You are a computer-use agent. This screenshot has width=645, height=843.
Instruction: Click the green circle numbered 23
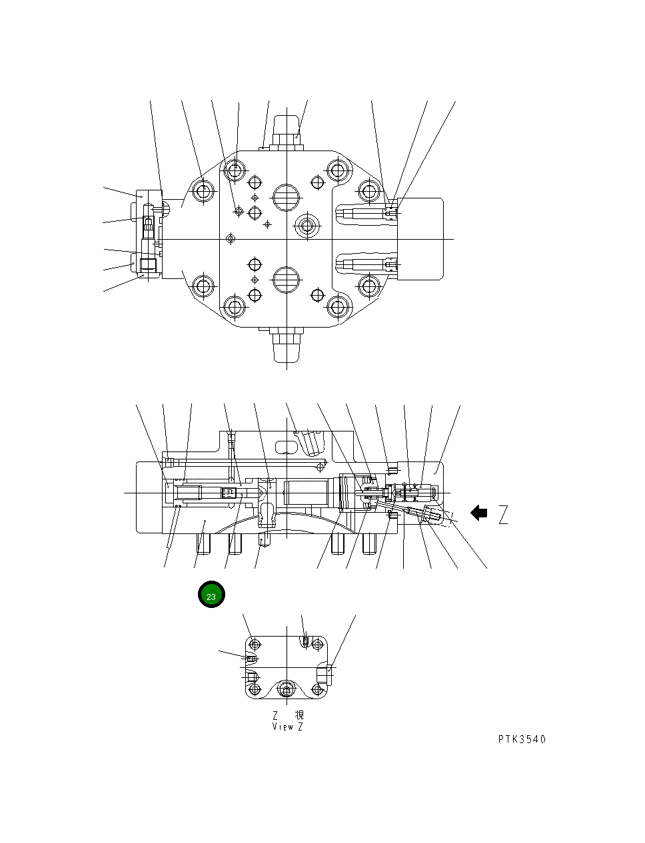click(x=211, y=595)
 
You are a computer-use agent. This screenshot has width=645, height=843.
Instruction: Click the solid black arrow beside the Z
click(x=478, y=513)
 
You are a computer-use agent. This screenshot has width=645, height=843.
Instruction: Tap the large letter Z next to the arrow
click(x=503, y=515)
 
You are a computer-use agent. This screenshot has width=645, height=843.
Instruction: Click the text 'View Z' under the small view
click(x=287, y=726)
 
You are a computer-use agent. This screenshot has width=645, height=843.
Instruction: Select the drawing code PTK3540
click(x=521, y=739)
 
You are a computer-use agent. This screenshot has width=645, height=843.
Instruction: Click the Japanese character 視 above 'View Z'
click(x=299, y=715)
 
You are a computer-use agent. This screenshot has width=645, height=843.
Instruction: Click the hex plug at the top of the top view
click(x=287, y=131)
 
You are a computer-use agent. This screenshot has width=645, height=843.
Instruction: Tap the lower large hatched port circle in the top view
click(x=287, y=280)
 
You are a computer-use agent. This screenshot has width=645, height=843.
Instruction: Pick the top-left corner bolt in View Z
click(x=254, y=645)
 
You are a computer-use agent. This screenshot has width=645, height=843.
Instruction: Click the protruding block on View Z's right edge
click(x=324, y=674)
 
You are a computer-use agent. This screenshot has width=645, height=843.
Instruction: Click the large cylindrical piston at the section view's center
click(x=307, y=493)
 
